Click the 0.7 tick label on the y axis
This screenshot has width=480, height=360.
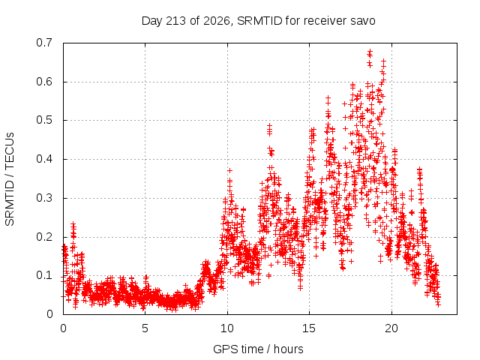tap(44, 43)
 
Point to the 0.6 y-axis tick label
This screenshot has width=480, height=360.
tap(44, 82)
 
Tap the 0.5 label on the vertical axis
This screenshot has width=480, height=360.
tap(44, 120)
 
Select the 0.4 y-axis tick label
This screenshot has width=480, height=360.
tap(44, 159)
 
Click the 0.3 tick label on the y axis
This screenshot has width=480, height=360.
tap(44, 198)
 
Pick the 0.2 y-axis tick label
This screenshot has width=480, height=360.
tap(44, 237)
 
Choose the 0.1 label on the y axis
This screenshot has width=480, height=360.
tap(44, 275)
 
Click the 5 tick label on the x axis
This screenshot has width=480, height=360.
tap(145, 328)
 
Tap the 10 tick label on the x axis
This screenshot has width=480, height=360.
tap(227, 328)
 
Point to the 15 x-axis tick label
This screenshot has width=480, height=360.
tap(309, 328)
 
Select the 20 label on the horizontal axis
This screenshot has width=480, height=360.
tap(391, 328)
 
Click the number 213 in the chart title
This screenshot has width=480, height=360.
tap(175, 21)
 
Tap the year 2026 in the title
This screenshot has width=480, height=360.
tap(217, 21)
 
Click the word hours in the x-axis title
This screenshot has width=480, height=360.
tap(288, 349)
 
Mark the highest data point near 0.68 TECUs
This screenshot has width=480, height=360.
tap(370, 51)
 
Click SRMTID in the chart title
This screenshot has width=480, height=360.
tap(259, 21)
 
